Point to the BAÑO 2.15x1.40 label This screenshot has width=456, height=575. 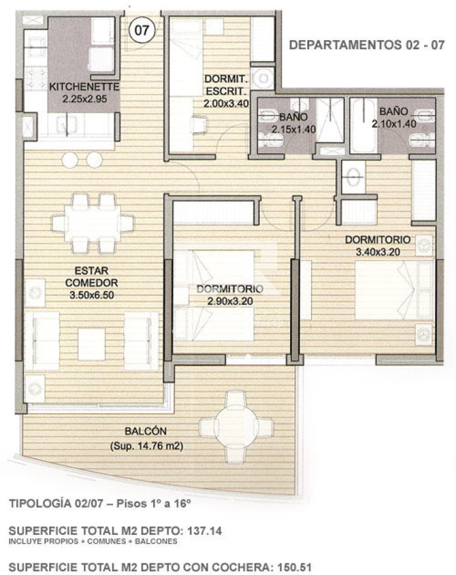coord(293,123)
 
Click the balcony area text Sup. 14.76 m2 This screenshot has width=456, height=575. coord(146,446)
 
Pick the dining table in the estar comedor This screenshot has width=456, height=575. coord(93,224)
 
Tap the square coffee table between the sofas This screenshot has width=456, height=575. coord(91,344)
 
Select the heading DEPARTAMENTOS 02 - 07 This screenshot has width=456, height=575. coord(365,45)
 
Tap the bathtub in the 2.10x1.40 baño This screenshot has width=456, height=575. coord(364,125)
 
